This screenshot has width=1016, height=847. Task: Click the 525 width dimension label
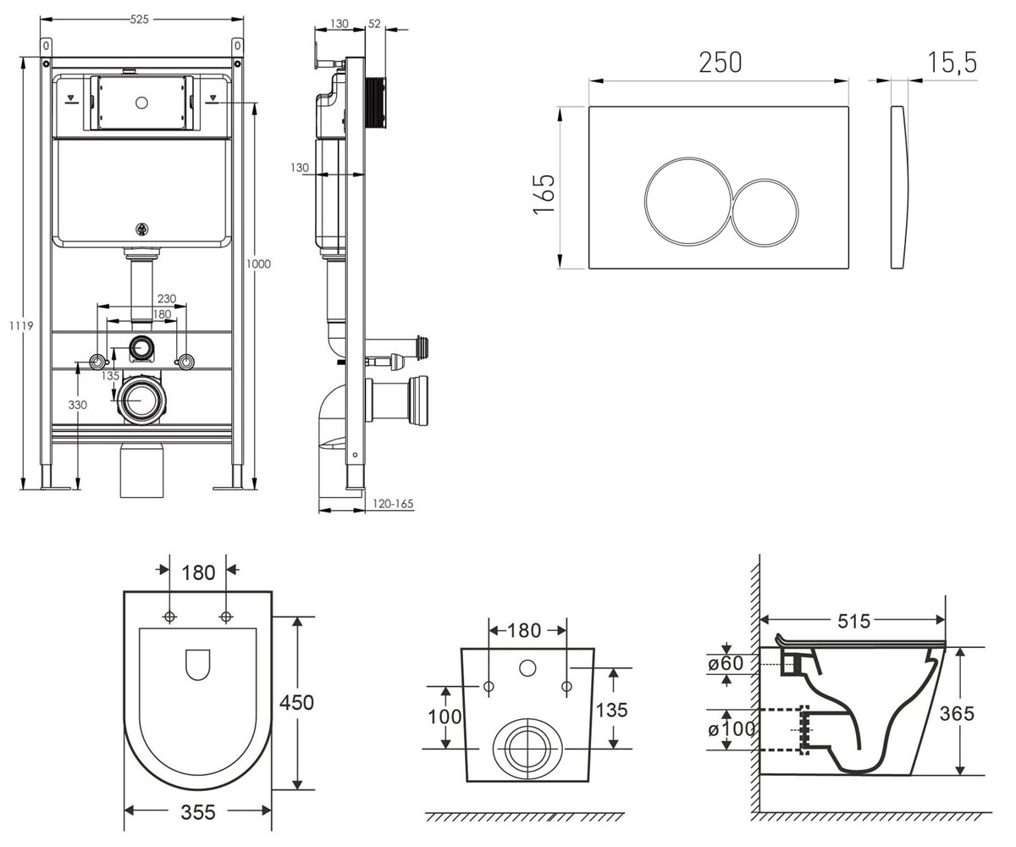(139, 19)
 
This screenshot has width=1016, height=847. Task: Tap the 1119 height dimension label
(21, 325)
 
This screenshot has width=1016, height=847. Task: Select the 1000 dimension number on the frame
(258, 263)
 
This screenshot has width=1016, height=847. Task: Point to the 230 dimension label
(167, 298)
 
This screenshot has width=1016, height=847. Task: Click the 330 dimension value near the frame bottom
(77, 405)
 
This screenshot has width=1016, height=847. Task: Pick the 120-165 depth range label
(393, 504)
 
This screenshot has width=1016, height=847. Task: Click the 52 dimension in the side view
(374, 24)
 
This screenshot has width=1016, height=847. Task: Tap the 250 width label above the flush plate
(721, 63)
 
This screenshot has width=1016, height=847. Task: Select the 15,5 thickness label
(952, 63)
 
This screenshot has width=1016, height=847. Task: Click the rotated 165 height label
(544, 194)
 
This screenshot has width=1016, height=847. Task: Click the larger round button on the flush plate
(688, 201)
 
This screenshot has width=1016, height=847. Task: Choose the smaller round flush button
(765, 213)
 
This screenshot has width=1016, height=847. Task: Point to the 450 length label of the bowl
(296, 702)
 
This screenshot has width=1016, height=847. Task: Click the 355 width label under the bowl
(198, 812)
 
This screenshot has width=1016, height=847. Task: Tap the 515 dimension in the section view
(854, 621)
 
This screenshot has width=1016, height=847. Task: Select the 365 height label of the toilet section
(957, 714)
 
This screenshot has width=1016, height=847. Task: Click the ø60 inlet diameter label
(726, 663)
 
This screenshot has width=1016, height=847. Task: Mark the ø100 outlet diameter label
(732, 728)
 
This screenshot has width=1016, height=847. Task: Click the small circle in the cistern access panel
(141, 102)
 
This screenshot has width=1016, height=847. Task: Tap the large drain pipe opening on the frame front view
(141, 400)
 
